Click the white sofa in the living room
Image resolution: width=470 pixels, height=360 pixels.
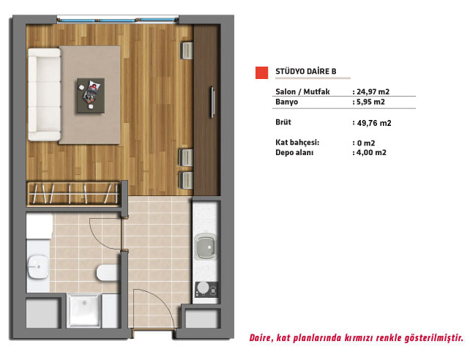point(45,94)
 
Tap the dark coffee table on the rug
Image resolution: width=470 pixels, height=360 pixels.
point(91,96)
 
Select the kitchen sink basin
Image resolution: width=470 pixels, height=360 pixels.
point(206,247)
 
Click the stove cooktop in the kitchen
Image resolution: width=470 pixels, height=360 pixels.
point(206,290)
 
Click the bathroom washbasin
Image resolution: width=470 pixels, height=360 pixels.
point(38,266)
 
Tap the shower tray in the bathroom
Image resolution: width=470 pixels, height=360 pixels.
point(84,310)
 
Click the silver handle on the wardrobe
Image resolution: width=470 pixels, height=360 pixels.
point(212,102)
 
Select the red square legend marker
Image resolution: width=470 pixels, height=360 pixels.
point(261,72)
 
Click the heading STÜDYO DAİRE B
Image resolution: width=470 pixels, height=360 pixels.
point(306,71)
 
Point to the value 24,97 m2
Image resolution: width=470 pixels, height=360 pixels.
point(373,91)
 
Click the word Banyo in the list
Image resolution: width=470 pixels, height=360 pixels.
point(286,102)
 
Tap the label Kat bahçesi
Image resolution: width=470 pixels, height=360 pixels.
point(297,142)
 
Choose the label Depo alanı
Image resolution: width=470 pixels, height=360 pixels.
point(294,152)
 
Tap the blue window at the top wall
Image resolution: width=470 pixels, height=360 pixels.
point(117,20)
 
